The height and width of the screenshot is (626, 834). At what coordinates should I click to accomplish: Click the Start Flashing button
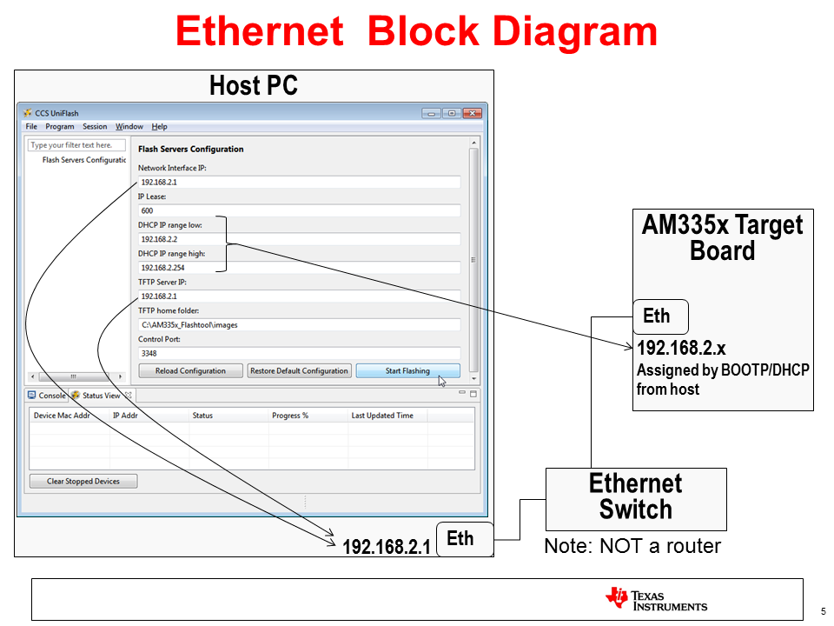point(407,371)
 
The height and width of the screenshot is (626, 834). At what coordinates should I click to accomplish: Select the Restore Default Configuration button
point(299,371)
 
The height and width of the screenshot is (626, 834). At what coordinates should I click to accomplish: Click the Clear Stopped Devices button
point(83,481)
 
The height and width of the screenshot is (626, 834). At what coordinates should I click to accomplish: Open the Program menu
point(60,127)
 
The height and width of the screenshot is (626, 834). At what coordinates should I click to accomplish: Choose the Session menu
point(95,127)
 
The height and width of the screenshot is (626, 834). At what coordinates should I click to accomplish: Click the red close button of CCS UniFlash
point(472,113)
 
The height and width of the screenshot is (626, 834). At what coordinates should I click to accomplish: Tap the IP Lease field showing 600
point(299,210)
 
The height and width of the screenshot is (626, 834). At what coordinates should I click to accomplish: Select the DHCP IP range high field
point(299,268)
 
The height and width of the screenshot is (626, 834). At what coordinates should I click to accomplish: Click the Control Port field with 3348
point(299,353)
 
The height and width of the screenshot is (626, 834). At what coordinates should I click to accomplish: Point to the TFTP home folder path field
point(299,324)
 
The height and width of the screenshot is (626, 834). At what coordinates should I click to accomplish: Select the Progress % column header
point(290,416)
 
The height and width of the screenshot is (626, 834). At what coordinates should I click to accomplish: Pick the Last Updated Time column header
point(382,416)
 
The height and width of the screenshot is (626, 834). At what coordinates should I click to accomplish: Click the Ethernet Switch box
point(636,498)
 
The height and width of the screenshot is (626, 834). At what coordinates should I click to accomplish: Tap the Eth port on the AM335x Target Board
point(657,317)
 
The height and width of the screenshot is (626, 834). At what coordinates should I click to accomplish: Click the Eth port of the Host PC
point(461,539)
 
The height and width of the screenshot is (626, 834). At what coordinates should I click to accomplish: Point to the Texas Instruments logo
point(657,600)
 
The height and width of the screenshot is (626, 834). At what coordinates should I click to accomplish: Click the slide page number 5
point(823,609)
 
